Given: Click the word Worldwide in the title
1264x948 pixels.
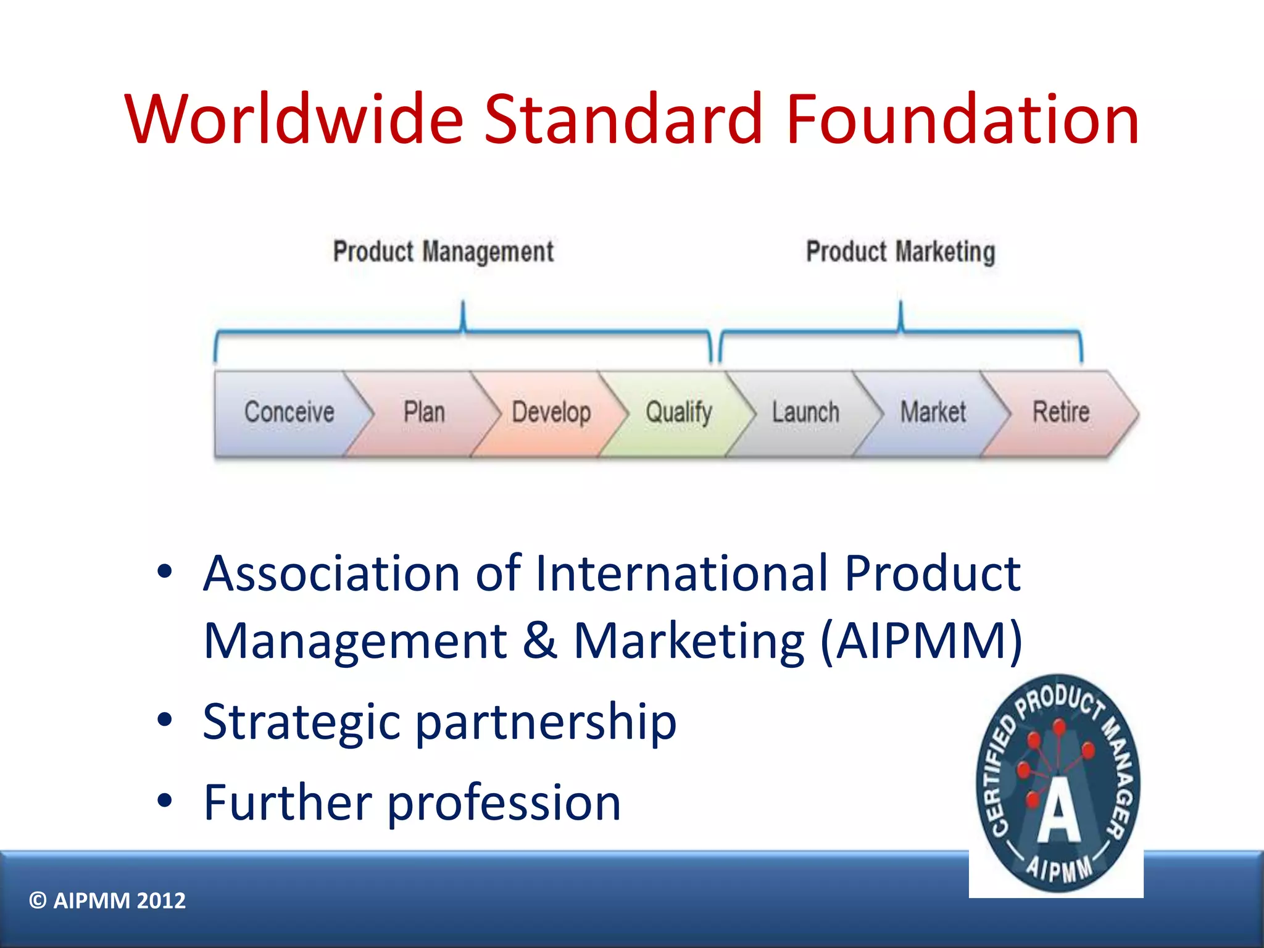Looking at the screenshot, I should (x=294, y=118).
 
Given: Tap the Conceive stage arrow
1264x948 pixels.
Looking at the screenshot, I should (x=288, y=412).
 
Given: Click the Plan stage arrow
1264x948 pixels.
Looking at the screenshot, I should (x=424, y=412).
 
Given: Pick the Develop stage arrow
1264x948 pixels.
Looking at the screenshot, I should (x=551, y=412).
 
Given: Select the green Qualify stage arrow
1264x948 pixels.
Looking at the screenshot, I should (x=678, y=412).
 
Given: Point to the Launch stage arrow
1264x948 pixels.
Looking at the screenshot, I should (x=805, y=412).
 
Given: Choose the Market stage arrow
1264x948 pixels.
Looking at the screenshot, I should (x=933, y=412).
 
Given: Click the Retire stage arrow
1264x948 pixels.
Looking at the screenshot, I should (x=1061, y=412).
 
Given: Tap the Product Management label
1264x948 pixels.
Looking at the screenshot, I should (x=443, y=252).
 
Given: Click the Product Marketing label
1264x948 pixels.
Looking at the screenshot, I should (x=900, y=252).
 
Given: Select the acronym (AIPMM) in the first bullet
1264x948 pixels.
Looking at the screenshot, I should (x=921, y=642).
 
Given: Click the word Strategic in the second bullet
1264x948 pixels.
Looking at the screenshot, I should (x=301, y=722).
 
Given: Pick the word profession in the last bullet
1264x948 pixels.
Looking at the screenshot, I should (x=504, y=804).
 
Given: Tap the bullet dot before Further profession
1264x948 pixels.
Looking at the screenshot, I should (x=164, y=800).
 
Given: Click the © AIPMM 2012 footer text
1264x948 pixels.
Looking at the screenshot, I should (x=107, y=900).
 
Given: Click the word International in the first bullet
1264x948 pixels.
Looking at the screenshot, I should (x=681, y=574).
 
